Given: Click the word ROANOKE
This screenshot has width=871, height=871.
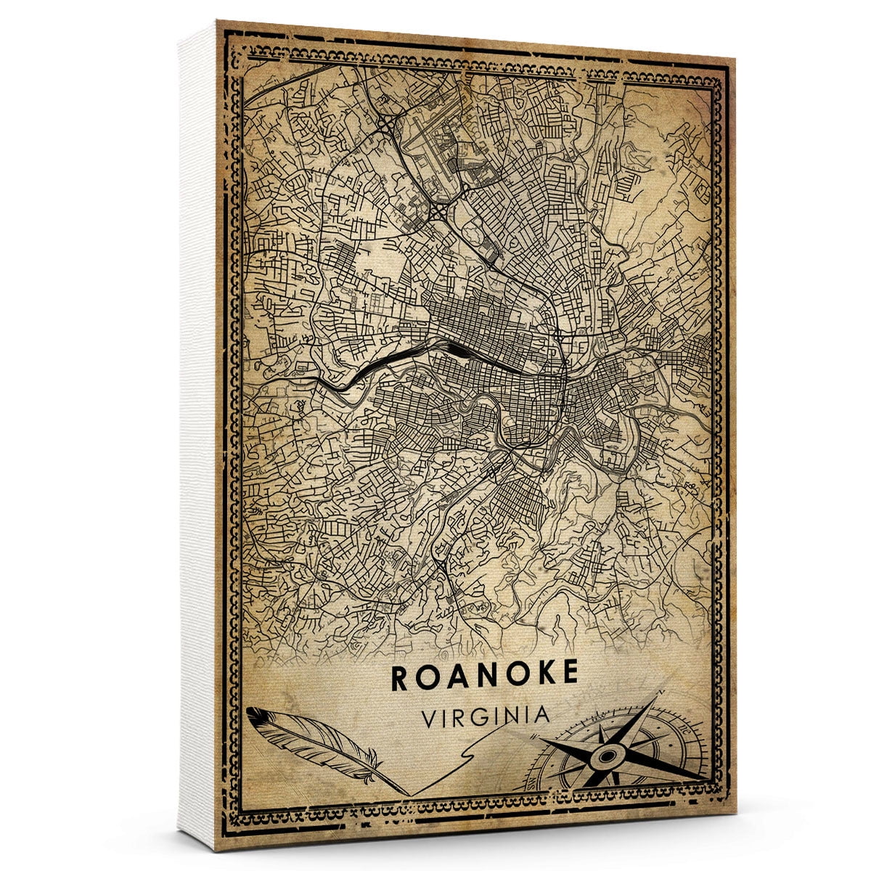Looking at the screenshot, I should coord(485,674).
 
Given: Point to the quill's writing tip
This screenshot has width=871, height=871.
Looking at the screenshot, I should coord(406,793).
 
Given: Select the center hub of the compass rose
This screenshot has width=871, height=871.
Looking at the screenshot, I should coord(604,758).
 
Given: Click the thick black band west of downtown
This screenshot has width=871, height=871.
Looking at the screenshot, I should coord(377,367).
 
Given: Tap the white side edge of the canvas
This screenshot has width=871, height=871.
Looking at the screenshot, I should coord(198,435).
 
